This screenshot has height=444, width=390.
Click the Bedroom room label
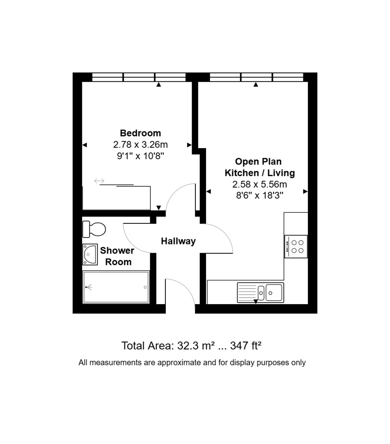tap(141, 133)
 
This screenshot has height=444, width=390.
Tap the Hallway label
tap(178, 241)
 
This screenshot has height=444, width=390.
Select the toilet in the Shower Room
tap(94, 229)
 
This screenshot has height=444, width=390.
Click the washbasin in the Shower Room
tap(90, 255)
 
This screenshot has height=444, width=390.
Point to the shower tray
tap(116, 287)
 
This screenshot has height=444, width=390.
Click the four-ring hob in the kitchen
tap(296, 246)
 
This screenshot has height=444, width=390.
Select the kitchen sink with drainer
tap(261, 293)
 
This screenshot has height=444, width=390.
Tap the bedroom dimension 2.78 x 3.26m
tap(141, 145)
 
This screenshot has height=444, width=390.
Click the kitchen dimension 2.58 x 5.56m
tap(260, 184)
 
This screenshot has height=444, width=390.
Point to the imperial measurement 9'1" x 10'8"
tap(141, 156)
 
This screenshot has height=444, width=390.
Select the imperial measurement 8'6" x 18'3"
tap(260, 195)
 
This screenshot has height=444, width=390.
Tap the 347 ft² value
tap(246, 346)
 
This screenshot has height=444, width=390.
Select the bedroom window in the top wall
tap(139, 77)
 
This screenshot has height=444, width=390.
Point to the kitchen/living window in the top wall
tap(257, 77)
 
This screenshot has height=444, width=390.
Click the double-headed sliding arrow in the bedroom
tap(99, 181)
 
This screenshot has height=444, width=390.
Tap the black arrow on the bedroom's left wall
tap(85, 145)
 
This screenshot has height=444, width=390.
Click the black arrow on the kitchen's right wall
tap(305, 192)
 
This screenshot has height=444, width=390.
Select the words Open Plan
tap(258, 162)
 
